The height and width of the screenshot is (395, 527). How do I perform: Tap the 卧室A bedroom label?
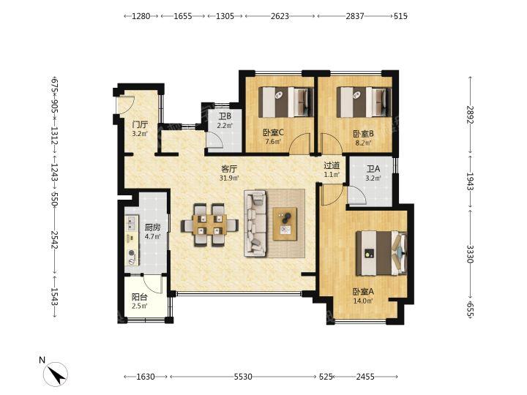tap(363, 292)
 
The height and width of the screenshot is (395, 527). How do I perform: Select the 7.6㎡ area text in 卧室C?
tap(273, 141)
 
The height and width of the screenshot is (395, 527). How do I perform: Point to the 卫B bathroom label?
tap(225, 116)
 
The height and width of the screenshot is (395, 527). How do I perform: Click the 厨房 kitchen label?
tap(152, 227)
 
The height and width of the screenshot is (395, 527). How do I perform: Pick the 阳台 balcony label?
tap(140, 297)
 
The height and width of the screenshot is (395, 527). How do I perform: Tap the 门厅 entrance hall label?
tap(140, 124)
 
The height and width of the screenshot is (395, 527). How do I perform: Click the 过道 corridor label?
tap(332, 165)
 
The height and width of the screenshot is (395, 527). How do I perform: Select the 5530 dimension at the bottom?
tap(243, 377)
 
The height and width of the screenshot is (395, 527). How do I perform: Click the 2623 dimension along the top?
tap(280, 16)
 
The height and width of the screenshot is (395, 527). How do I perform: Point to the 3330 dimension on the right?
tap(470, 254)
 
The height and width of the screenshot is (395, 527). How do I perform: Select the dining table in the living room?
tap(210, 225)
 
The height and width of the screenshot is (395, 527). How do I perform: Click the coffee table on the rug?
tap(285, 224)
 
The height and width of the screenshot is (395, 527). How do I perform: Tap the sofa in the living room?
tap(255, 223)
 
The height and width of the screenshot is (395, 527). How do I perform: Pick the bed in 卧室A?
tap(382, 253)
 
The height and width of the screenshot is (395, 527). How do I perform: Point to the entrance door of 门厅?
tap(125, 104)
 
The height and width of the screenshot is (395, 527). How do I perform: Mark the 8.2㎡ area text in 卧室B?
tap(363, 143)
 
